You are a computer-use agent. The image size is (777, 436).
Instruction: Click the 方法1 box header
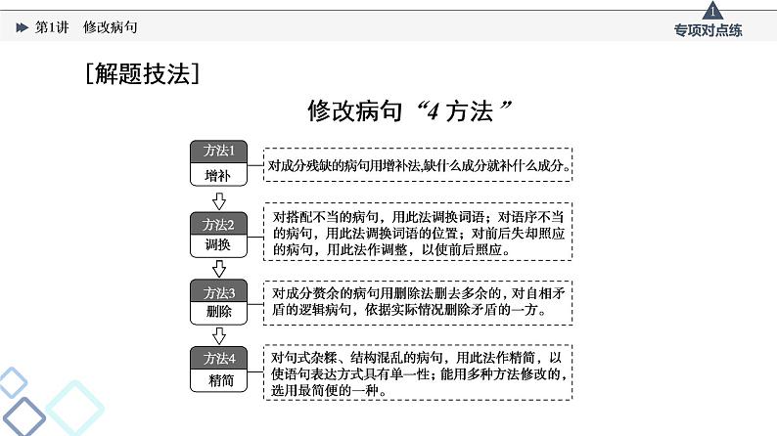[x=218, y=151]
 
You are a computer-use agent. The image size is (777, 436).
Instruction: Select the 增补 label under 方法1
[x=218, y=175]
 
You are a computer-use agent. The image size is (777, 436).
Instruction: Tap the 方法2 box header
[x=218, y=224]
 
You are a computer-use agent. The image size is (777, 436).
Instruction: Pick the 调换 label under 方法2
[x=218, y=244]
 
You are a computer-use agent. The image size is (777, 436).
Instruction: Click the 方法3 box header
[x=218, y=291]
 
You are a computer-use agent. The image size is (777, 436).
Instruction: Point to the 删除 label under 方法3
[x=218, y=311]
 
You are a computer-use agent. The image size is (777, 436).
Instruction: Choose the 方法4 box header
[x=218, y=358]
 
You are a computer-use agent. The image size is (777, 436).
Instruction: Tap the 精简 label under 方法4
[x=220, y=380]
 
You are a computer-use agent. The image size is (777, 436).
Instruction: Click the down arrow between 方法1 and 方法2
[x=219, y=201]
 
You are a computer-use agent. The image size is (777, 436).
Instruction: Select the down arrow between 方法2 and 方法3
[x=219, y=268]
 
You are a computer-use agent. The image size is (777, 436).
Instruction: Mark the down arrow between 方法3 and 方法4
[x=219, y=336]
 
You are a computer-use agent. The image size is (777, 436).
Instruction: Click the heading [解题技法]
[x=142, y=73]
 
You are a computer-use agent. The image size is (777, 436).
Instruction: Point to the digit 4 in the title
[x=433, y=111]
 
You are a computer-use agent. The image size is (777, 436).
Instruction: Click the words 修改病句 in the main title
[x=354, y=110]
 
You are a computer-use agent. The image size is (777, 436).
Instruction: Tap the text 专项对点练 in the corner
[x=708, y=30]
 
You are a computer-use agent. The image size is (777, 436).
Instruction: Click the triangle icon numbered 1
[x=712, y=12]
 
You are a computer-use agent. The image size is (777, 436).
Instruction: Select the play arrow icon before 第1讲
[x=22, y=27]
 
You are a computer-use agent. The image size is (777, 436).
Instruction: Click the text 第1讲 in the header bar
[x=52, y=27]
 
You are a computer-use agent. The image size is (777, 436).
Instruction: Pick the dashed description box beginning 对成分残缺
[x=418, y=165]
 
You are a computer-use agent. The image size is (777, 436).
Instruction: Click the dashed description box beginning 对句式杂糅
[x=418, y=372]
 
